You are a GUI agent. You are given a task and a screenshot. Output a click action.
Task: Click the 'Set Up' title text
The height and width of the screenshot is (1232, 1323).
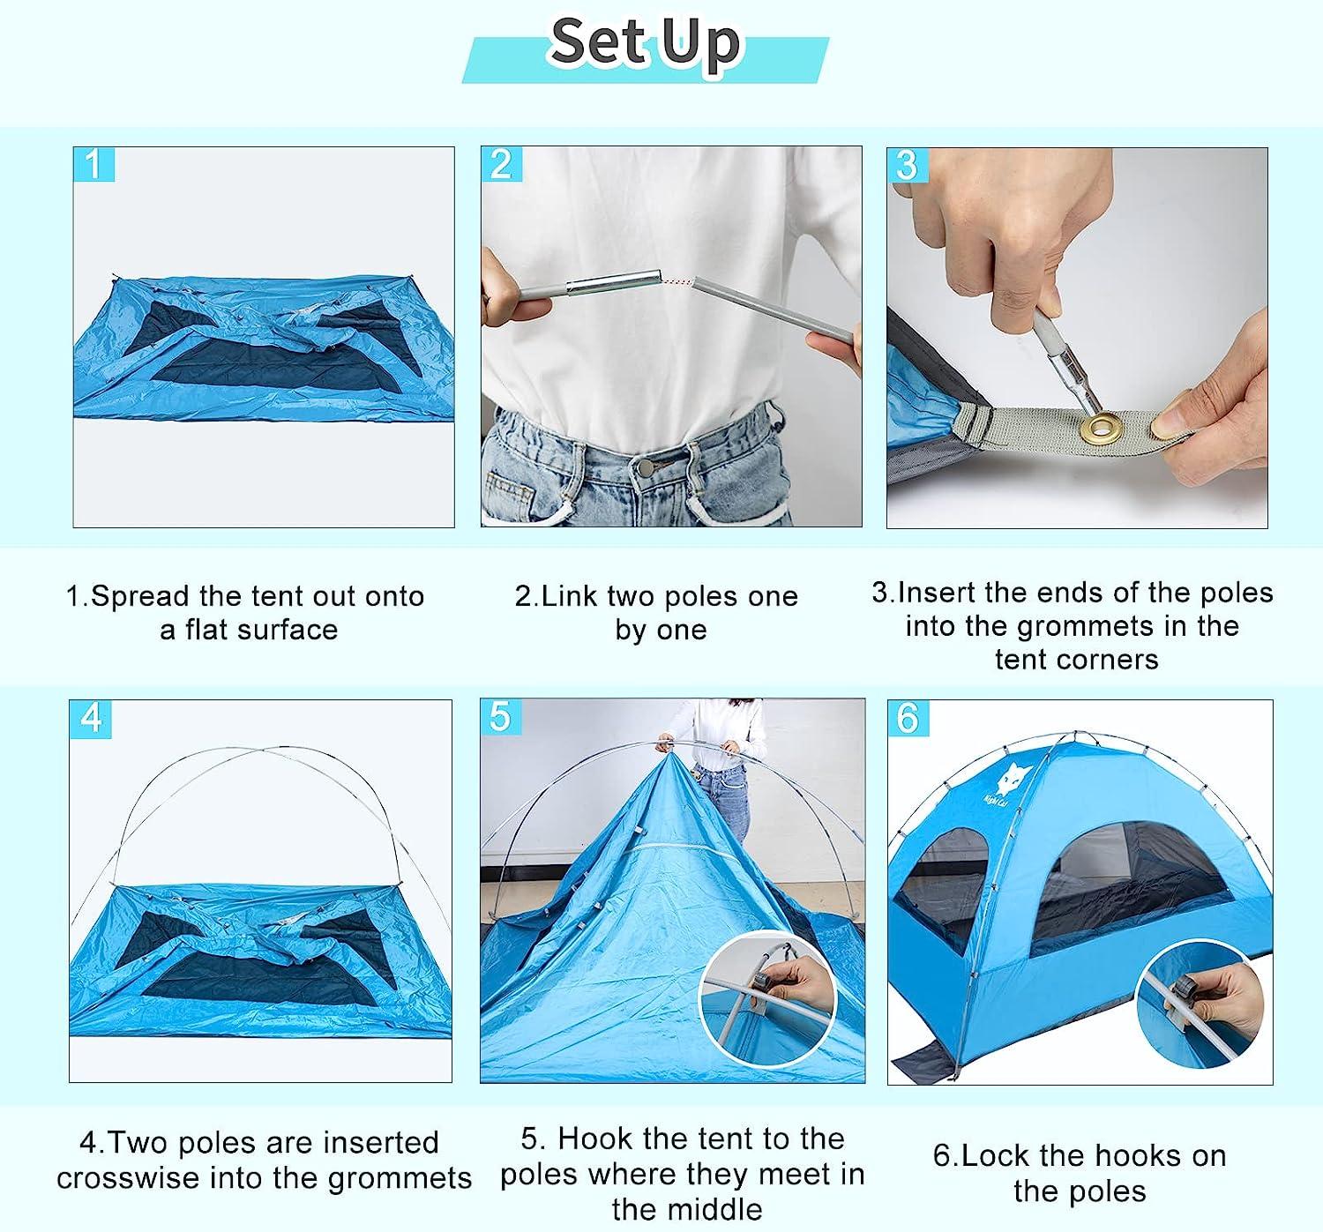click(645, 42)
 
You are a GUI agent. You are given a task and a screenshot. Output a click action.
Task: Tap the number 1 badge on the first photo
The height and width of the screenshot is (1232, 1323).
click(94, 165)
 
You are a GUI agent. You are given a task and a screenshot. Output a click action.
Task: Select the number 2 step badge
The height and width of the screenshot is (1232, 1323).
click(501, 165)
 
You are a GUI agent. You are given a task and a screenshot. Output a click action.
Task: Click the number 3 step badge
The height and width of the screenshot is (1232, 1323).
click(907, 165)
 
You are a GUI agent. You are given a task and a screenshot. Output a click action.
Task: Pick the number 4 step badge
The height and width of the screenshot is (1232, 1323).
click(91, 719)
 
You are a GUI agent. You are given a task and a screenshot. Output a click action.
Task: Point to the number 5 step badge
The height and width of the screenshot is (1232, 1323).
click(500, 717)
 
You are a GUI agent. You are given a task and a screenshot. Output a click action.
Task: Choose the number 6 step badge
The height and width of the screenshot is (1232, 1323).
click(908, 719)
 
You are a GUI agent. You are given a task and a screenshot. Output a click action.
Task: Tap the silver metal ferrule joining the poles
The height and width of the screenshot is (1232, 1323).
click(611, 285)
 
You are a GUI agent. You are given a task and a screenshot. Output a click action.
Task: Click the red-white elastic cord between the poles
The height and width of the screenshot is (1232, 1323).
click(676, 282)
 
